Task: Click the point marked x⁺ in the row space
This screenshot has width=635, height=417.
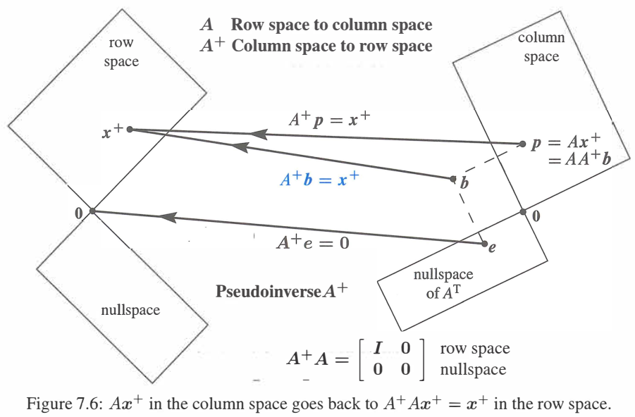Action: [x=130, y=130]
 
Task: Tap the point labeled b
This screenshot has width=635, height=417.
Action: [x=454, y=178]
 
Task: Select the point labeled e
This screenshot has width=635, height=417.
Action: [x=485, y=244]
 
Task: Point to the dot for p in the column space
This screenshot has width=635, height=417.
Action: [x=522, y=144]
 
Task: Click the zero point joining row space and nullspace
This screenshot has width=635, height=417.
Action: [x=92, y=211]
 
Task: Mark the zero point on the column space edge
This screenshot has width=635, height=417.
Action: [x=522, y=211]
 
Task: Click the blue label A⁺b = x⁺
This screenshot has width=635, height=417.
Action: [x=319, y=180]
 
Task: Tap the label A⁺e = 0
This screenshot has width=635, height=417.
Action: [x=312, y=244]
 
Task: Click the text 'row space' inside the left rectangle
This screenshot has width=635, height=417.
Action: [x=121, y=52]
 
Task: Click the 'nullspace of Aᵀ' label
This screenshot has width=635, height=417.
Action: [x=443, y=283]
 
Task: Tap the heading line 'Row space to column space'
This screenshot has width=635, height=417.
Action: [x=331, y=25]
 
